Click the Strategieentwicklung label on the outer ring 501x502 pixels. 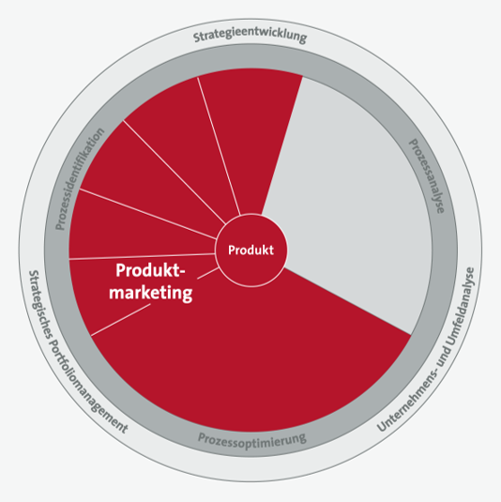250,36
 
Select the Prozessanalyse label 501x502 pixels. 428,175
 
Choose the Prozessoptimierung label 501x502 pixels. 252,439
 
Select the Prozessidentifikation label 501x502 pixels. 80,178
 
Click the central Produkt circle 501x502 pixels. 251,250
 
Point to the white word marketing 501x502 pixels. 151,293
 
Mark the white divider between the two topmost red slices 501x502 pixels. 219,146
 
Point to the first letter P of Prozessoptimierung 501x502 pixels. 202,437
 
